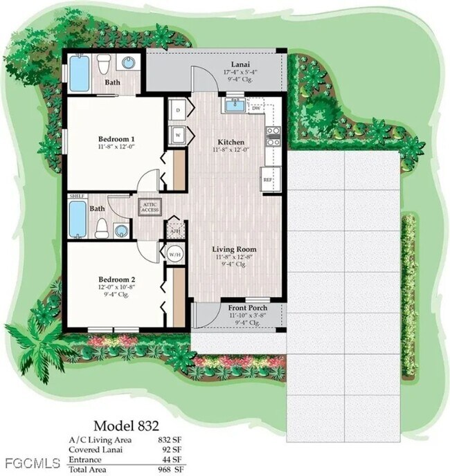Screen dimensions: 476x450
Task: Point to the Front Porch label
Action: (247, 307)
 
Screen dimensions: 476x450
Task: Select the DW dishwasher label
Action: (256, 108)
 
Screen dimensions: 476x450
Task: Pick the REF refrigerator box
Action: (268, 178)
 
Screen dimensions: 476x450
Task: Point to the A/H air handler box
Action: (174, 230)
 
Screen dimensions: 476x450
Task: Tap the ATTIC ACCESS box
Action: (150, 206)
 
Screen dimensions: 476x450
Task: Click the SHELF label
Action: (77, 196)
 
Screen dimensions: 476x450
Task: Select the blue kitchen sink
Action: (235, 107)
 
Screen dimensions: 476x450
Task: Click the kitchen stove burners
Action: (273, 136)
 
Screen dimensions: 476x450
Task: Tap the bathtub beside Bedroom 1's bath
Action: (80, 74)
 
